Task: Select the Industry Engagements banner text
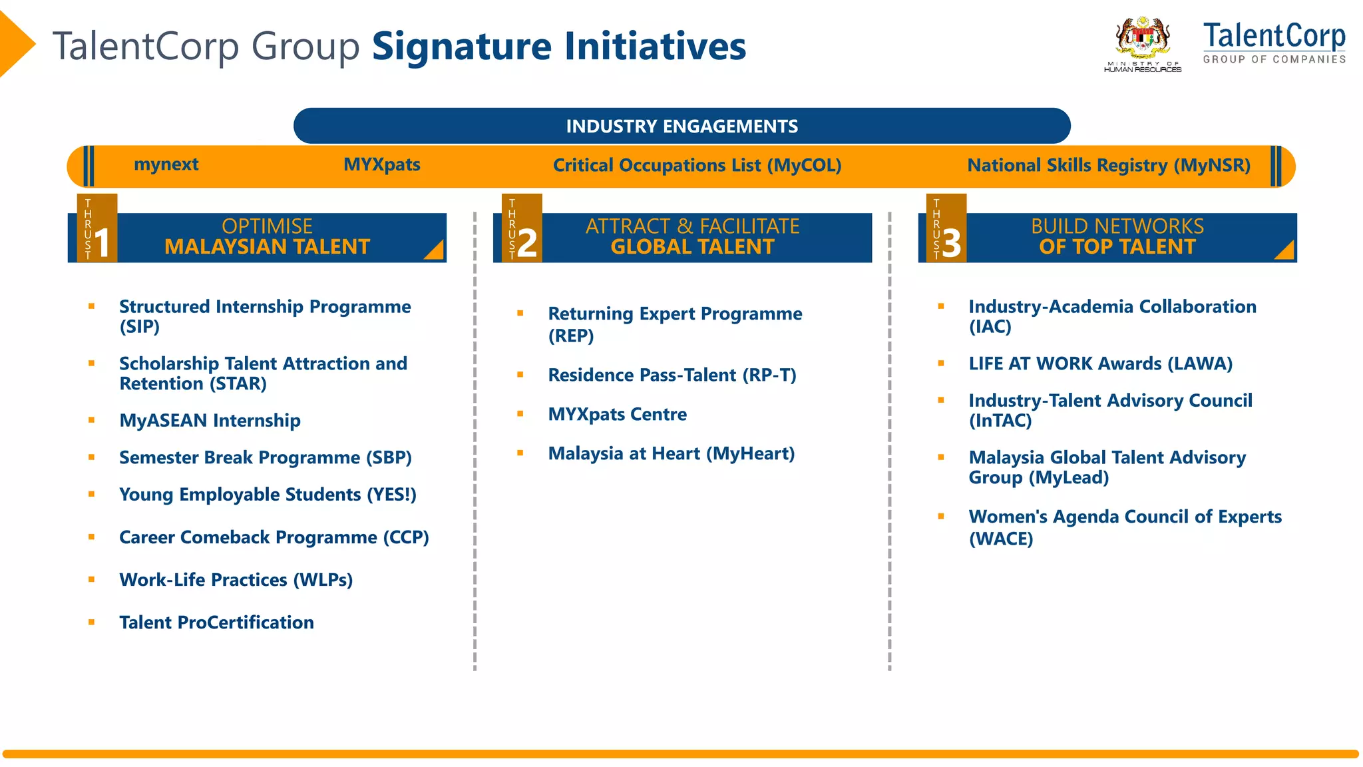[x=681, y=127]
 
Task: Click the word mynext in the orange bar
[x=166, y=164]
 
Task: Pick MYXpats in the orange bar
[x=381, y=164]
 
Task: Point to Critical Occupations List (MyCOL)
[x=697, y=165]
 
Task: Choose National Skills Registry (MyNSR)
[x=1108, y=165]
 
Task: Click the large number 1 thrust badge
[x=102, y=242]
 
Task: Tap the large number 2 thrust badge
[x=526, y=242]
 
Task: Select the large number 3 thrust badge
[x=951, y=242]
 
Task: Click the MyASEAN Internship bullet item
[x=210, y=421]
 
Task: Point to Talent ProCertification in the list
[x=216, y=623]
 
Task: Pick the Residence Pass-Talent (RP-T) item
[x=672, y=375]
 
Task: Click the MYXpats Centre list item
[x=617, y=414]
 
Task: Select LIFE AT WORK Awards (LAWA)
[x=1100, y=364]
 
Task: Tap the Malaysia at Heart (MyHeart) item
[x=671, y=453]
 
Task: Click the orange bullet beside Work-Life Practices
[x=91, y=580]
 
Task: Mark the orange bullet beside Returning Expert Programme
[x=520, y=313]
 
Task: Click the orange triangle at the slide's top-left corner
[x=15, y=44]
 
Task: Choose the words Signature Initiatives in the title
[x=558, y=47]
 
